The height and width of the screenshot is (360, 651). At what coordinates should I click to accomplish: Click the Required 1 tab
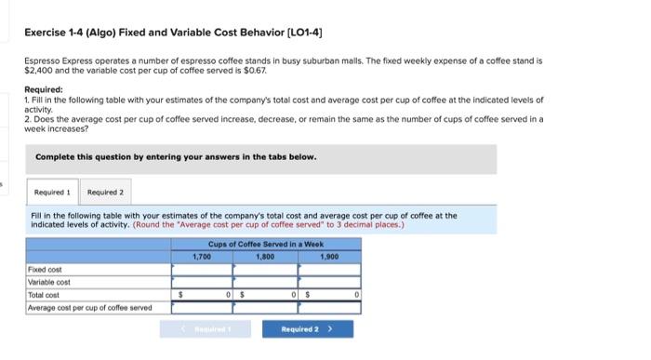pyautogui.click(x=52, y=193)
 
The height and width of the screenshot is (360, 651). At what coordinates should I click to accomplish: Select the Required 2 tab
pyautogui.click(x=104, y=193)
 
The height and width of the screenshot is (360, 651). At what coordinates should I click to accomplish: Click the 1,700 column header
pyautogui.click(x=201, y=255)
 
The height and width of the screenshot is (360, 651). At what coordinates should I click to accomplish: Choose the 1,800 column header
pyautogui.click(x=266, y=255)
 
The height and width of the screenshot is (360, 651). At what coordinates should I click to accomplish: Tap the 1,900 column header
pyautogui.click(x=328, y=255)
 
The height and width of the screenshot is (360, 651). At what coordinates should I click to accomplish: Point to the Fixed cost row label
pyautogui.click(x=46, y=269)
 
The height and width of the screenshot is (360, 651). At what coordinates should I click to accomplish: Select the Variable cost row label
pyautogui.click(x=49, y=281)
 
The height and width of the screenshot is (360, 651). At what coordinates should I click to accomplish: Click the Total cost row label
pyautogui.click(x=45, y=294)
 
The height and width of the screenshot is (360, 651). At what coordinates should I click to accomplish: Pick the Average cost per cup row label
pyautogui.click(x=89, y=307)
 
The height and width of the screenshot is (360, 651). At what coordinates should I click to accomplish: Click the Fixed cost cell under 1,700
pyautogui.click(x=201, y=269)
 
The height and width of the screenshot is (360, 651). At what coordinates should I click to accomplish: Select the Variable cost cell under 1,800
pyautogui.click(x=266, y=281)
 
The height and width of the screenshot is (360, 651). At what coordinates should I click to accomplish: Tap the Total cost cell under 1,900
pyautogui.click(x=330, y=294)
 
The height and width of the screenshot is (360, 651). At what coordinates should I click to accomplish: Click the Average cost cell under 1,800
pyautogui.click(x=266, y=307)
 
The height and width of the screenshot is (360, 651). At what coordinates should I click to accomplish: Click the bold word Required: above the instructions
pyautogui.click(x=44, y=90)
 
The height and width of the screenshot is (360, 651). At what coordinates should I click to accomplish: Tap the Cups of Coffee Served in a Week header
pyautogui.click(x=266, y=244)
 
